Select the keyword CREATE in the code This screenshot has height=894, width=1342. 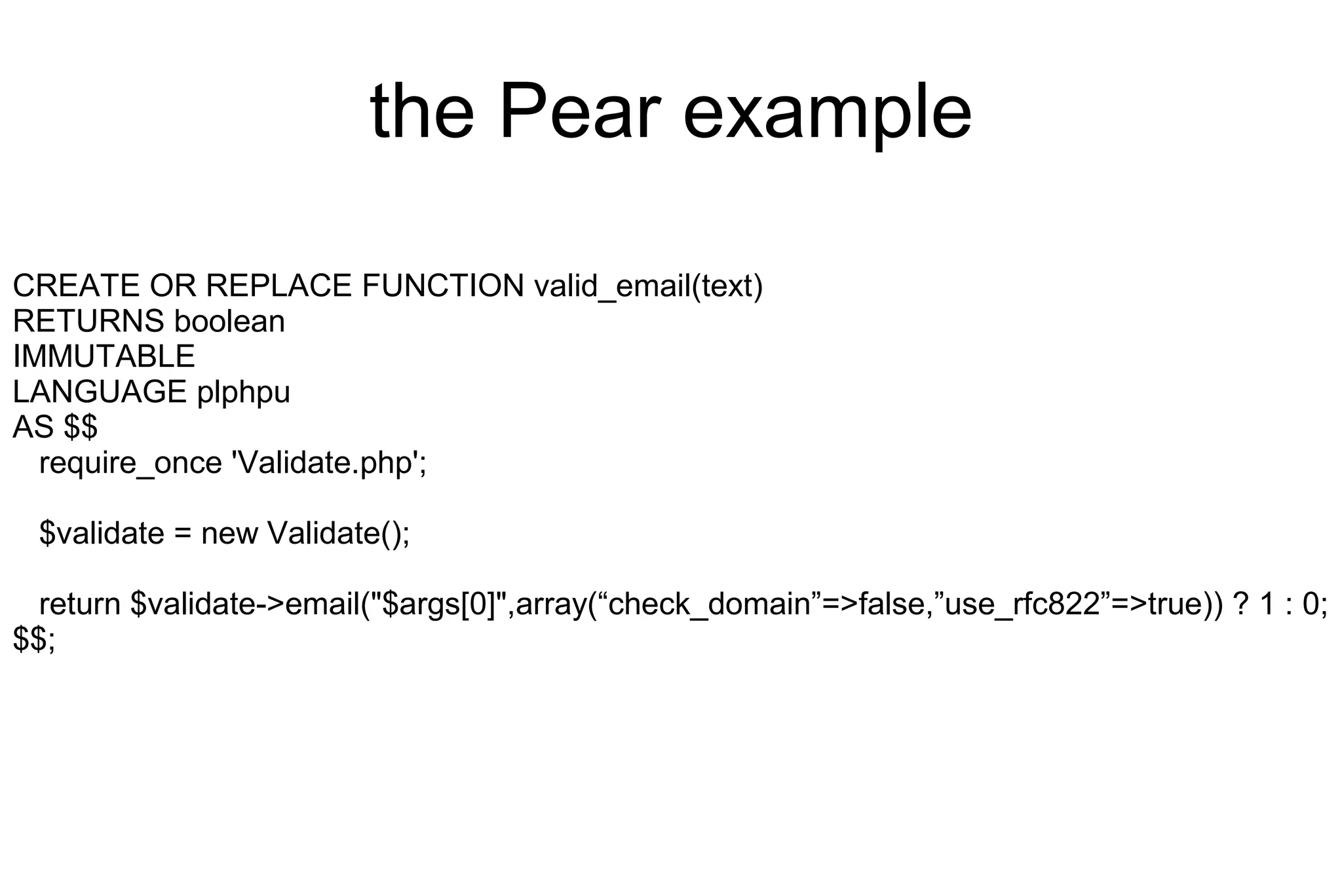click(76, 286)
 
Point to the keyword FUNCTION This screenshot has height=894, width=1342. click(443, 286)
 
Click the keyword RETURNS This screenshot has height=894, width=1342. click(88, 322)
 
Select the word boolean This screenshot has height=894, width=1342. click(229, 322)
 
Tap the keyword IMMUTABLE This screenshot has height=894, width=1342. click(104, 357)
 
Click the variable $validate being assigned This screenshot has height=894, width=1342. click(102, 533)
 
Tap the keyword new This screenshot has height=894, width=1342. click(229, 533)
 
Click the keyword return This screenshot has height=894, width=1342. click(80, 604)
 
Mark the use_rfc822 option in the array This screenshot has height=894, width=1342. click(1021, 604)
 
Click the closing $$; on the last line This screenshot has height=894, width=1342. click(34, 639)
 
